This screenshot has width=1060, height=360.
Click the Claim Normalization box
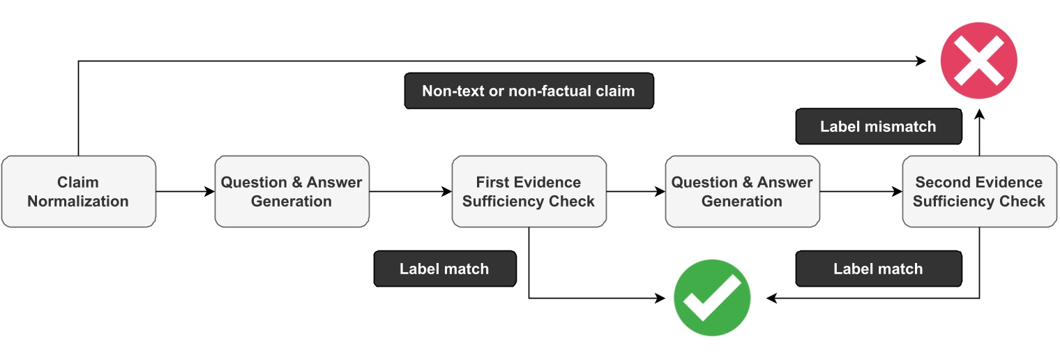coord(78,192)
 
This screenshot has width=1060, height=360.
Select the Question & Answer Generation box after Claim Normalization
coord(291,192)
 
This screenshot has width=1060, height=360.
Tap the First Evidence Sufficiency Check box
coord(529,192)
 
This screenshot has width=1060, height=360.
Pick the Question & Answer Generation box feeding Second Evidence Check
coord(742,192)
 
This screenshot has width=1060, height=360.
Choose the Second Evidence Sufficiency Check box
coord(978,192)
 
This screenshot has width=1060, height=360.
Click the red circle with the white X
coord(978,61)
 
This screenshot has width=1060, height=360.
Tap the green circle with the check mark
coord(711,298)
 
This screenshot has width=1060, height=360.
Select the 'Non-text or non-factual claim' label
coord(529,91)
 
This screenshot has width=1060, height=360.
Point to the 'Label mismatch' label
coord(878,126)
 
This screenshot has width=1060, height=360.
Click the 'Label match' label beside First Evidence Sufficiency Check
coord(444,269)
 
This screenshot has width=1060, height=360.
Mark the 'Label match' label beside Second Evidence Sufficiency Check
coord(878,269)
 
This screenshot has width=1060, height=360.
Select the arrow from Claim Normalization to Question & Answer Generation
coord(185,192)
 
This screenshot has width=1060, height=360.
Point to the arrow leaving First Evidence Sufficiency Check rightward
coord(635,192)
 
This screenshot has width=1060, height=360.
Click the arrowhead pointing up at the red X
coord(979,115)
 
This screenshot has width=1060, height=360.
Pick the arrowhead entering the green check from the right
coord(772,298)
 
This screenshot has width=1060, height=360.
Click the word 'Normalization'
coord(78,202)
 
